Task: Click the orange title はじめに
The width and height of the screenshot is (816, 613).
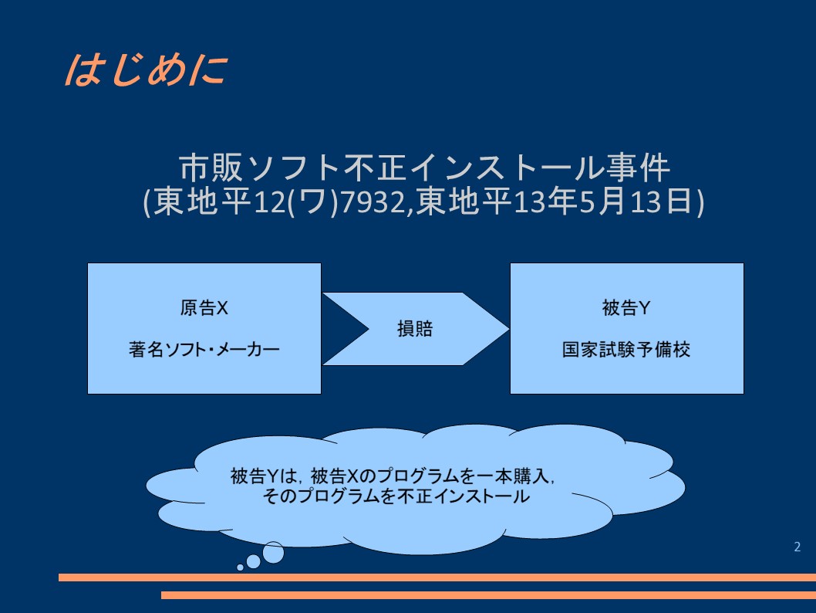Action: (x=147, y=69)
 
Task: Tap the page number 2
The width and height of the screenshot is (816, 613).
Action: (x=797, y=547)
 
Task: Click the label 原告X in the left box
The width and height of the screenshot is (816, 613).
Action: (x=204, y=308)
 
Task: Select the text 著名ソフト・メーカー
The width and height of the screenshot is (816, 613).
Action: (x=204, y=349)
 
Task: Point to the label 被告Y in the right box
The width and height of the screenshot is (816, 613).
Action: (x=626, y=308)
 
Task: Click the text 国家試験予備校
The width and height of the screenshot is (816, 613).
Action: (x=626, y=349)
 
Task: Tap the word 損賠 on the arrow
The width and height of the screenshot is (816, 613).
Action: (x=415, y=329)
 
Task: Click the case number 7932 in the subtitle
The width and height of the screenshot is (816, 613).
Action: (x=372, y=202)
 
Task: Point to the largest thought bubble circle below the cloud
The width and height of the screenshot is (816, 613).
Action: (x=273, y=552)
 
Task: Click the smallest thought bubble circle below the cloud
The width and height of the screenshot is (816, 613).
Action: (x=240, y=567)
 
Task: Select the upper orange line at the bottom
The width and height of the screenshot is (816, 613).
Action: (x=437, y=577)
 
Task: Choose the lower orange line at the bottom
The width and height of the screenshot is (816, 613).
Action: (x=489, y=594)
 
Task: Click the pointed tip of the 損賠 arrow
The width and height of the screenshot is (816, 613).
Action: (x=508, y=329)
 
